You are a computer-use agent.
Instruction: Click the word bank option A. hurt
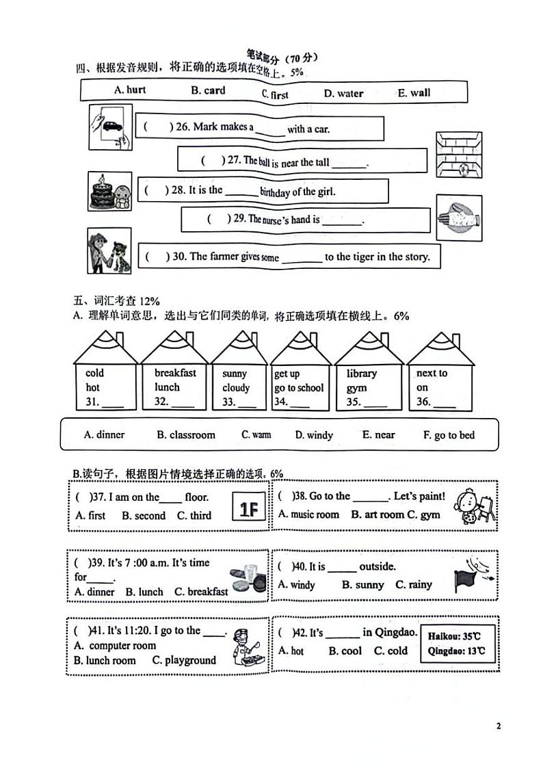(x=130, y=90)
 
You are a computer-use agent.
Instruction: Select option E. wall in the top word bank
(x=414, y=93)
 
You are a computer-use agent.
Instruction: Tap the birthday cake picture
(x=101, y=192)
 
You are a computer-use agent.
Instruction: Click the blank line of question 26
(x=270, y=130)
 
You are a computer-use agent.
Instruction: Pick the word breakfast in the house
(x=175, y=373)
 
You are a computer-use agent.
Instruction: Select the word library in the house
(x=361, y=374)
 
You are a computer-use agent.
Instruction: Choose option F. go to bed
(x=449, y=435)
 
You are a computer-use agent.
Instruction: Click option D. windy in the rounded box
(x=314, y=435)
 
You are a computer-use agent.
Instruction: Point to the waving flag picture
(x=471, y=576)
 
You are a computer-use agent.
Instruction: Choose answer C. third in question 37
(x=194, y=516)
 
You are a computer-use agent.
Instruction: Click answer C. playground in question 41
(x=184, y=660)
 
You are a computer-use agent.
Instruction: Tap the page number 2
(x=499, y=726)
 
